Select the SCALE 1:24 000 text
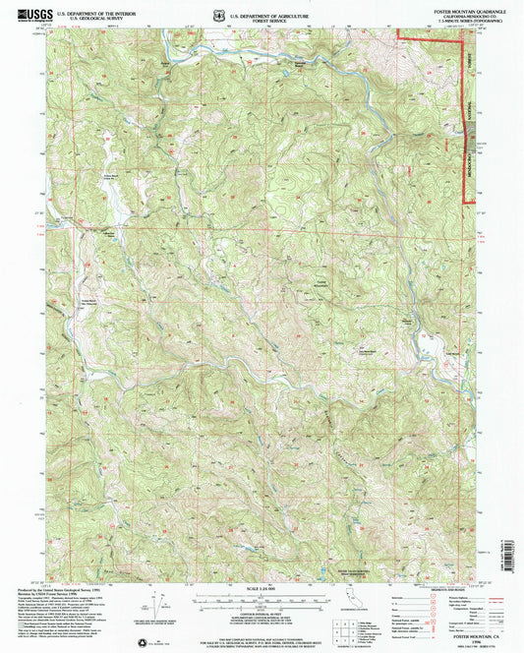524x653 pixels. pos(262,588)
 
